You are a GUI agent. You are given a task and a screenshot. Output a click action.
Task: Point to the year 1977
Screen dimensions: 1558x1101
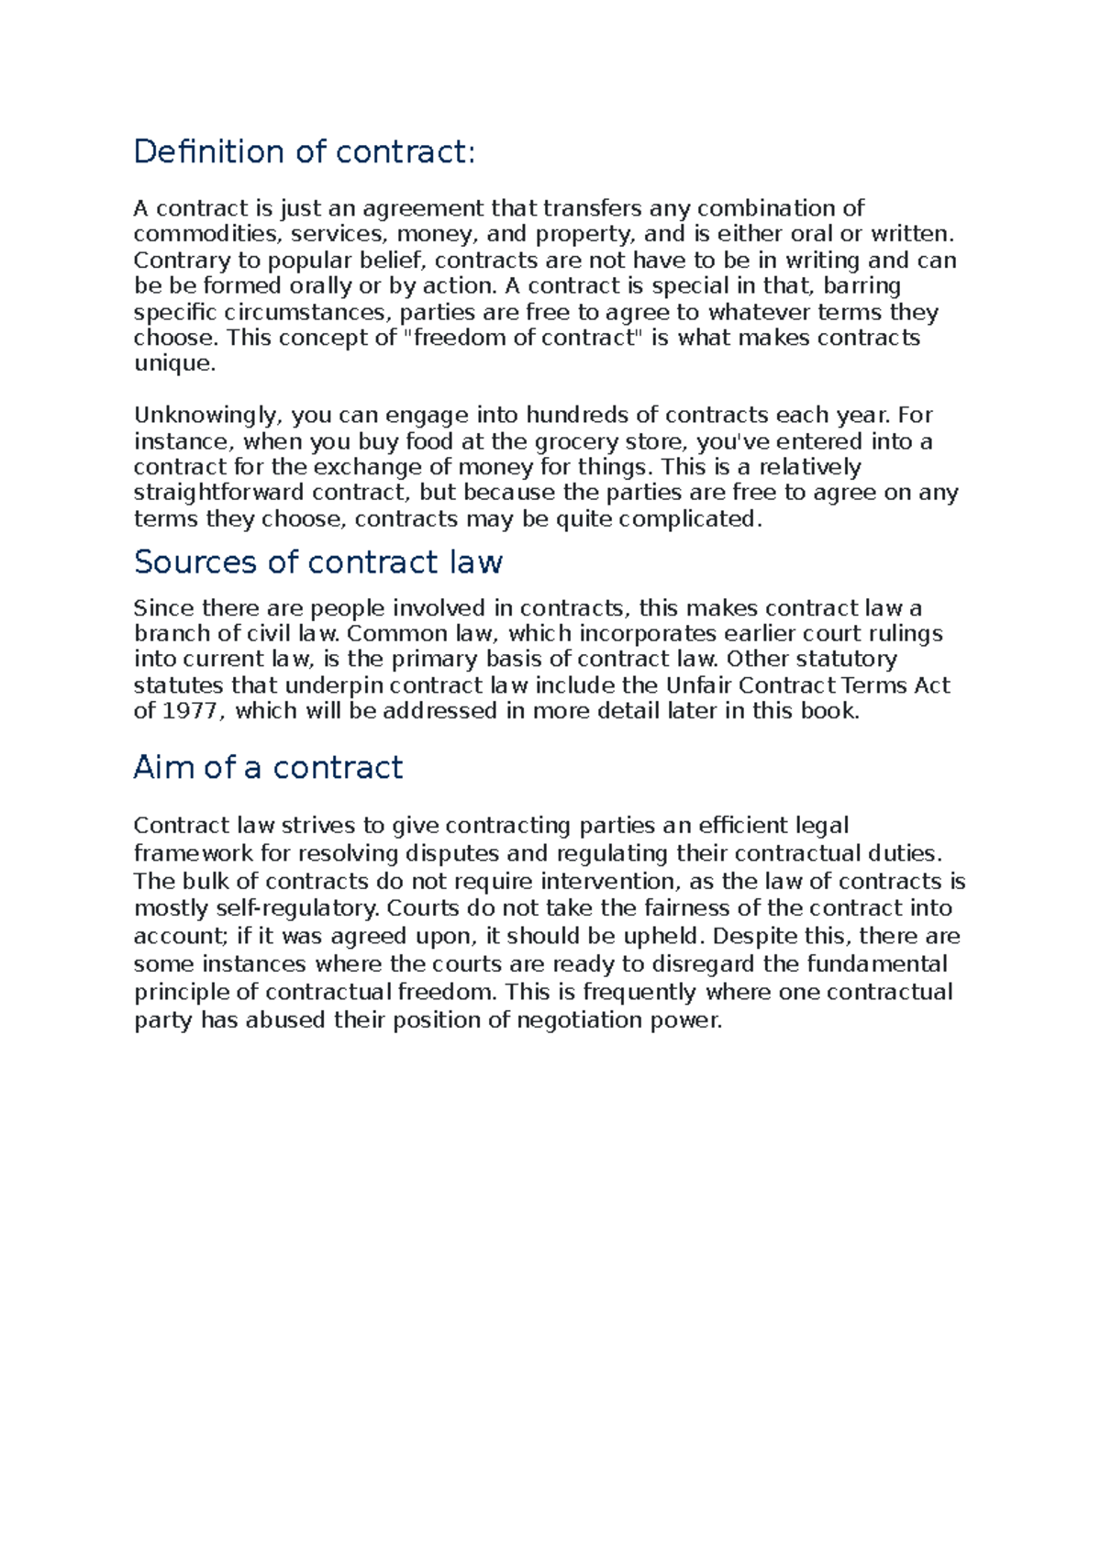190,711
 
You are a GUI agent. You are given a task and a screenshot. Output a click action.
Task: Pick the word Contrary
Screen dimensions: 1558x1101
180,261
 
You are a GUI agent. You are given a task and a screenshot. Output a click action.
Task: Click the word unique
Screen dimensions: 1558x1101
174,363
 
